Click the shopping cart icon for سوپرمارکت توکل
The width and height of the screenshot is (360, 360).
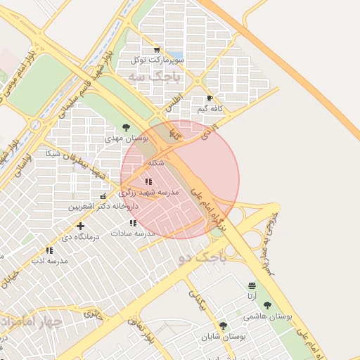(x=156, y=50)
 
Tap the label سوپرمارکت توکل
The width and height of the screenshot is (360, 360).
(x=157, y=60)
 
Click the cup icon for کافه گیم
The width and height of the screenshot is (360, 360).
(x=210, y=98)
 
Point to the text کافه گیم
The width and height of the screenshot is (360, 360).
(x=210, y=109)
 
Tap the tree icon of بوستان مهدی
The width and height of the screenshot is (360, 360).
(x=126, y=127)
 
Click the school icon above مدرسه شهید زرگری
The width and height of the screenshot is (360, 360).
(x=148, y=181)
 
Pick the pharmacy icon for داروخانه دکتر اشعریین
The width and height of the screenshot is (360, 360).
(x=103, y=197)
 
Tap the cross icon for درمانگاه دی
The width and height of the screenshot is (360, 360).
(x=81, y=226)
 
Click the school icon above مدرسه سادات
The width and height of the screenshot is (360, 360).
(x=133, y=223)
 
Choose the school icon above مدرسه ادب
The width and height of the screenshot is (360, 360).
(x=49, y=250)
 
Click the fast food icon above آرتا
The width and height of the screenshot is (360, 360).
(x=252, y=285)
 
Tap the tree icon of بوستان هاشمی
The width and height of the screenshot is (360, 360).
(x=267, y=305)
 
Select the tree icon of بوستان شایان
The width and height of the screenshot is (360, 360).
(x=223, y=326)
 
